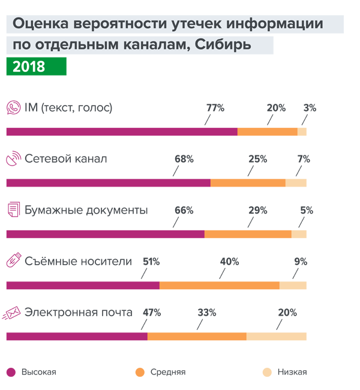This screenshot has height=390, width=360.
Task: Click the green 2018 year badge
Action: tap(30, 65)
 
